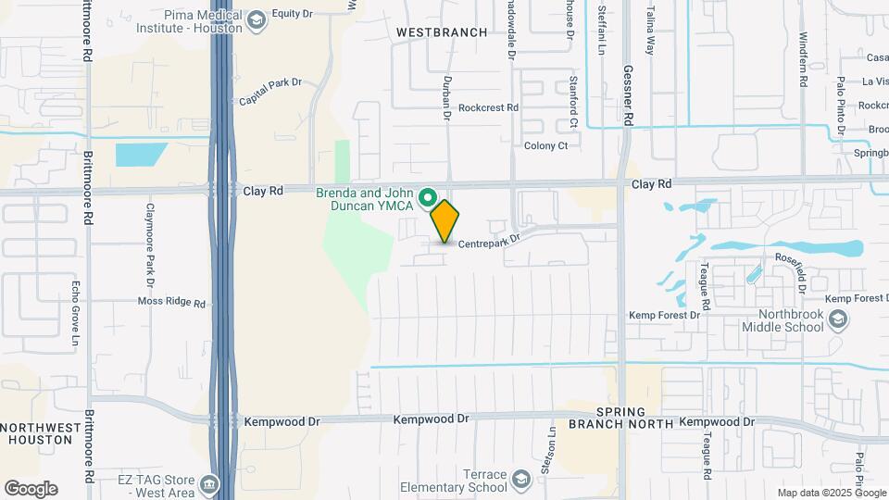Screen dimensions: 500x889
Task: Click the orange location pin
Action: pos(444,220)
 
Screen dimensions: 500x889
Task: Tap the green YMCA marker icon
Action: pos(428,197)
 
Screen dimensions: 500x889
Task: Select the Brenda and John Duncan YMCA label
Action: pos(367,199)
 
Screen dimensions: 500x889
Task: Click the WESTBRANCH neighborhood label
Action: pos(441,32)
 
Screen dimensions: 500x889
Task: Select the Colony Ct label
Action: pos(545,145)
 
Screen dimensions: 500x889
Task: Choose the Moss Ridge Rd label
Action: pos(171,302)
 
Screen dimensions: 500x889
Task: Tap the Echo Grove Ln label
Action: pos(76,315)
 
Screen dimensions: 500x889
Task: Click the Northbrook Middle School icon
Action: pos(838,319)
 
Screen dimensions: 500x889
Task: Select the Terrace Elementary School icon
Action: pos(521,480)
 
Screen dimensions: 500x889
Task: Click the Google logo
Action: pos(31,489)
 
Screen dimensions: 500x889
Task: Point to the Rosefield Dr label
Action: pos(796,271)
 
